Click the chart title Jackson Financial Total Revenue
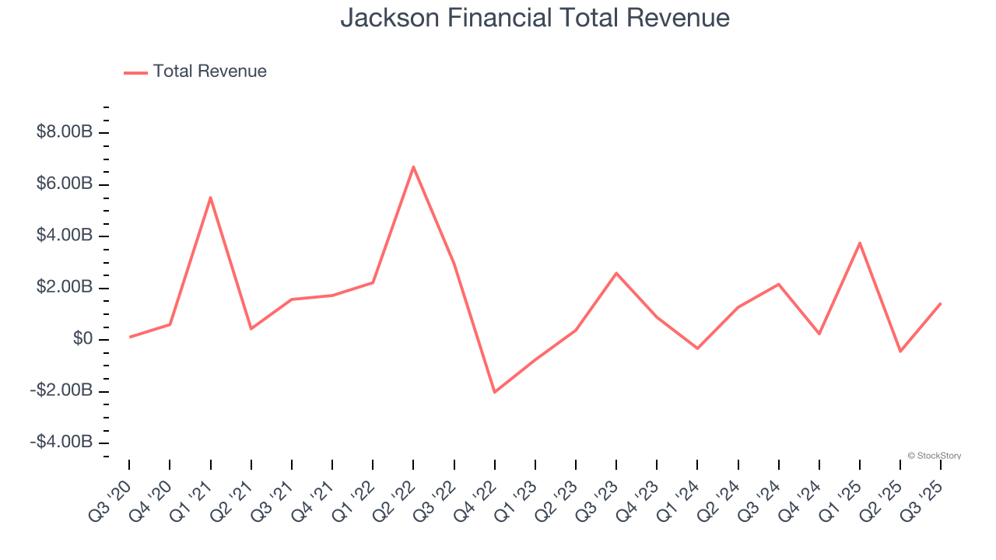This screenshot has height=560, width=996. (535, 17)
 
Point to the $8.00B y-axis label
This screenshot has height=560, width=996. (65, 132)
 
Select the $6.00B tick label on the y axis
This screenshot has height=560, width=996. (65, 184)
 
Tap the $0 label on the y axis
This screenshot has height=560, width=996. (83, 339)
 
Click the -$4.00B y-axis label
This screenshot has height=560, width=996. (61, 443)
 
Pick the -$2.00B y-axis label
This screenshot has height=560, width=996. (61, 390)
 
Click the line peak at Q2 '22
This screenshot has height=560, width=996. (413, 166)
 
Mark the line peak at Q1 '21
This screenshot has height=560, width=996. (210, 198)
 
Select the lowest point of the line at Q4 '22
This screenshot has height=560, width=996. (494, 392)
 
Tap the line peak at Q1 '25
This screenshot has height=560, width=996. (860, 243)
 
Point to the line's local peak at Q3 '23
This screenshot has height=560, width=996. (616, 273)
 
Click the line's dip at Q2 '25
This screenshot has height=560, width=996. (900, 352)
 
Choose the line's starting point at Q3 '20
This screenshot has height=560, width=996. (129, 337)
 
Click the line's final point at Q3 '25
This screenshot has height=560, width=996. (941, 303)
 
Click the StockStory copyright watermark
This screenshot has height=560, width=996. (934, 456)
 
